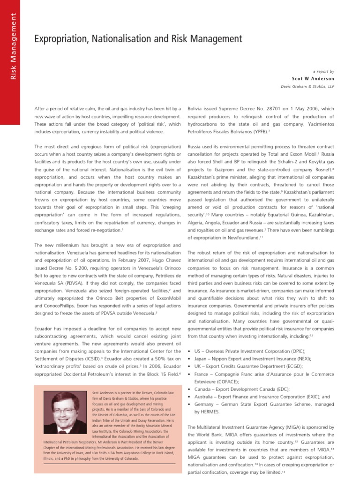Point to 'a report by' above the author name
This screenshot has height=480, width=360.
[322, 71]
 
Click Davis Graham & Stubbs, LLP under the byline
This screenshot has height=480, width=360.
[307, 86]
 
